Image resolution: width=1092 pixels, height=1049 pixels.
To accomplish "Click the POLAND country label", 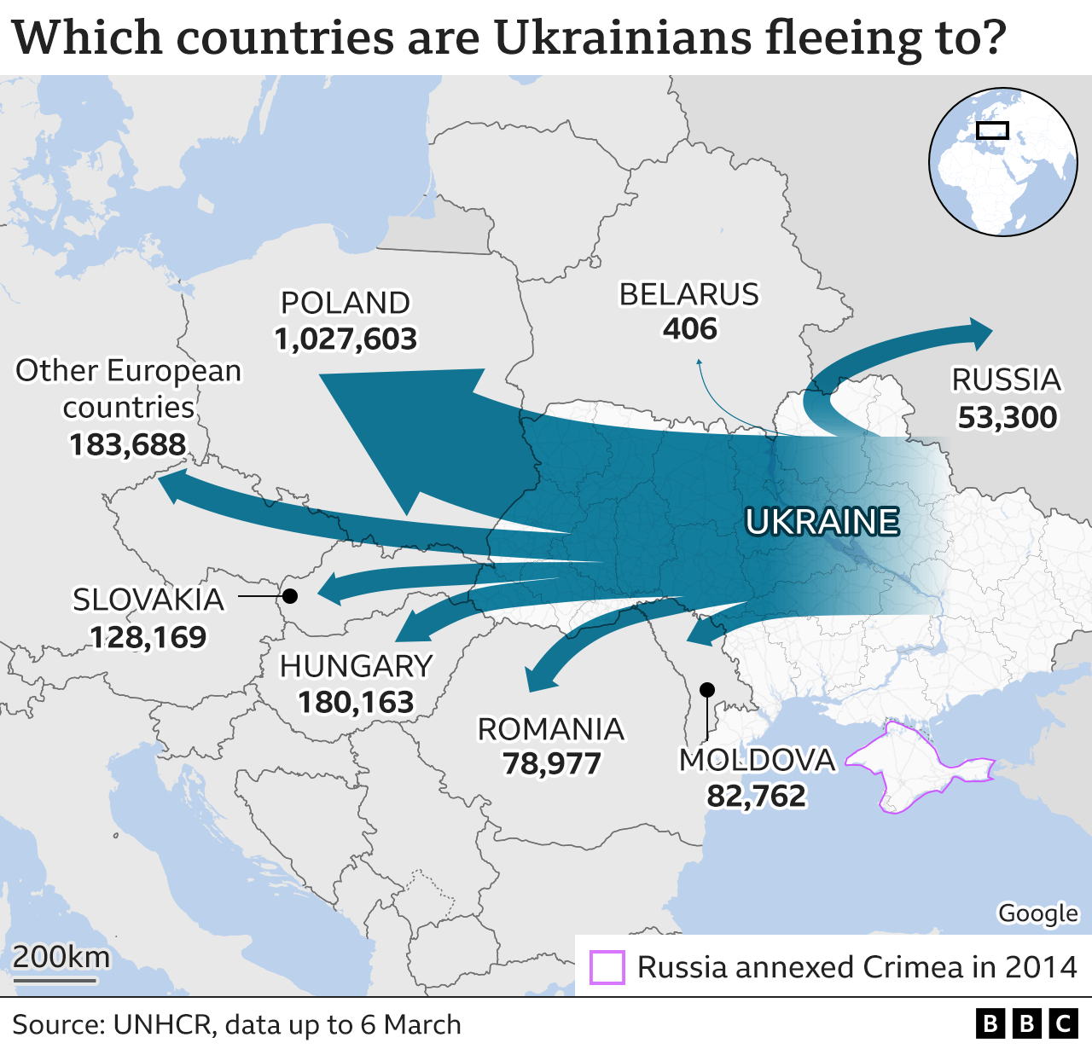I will point(346,303).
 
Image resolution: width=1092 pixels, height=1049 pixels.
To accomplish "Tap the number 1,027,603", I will point(346,339).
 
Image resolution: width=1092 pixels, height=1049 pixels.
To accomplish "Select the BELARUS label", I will point(688,294).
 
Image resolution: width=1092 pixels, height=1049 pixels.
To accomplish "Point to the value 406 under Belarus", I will point(689,329).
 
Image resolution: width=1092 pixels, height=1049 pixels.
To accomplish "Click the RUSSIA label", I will point(1007,380).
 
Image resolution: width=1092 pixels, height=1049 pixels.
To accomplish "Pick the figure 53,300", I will point(1007,417).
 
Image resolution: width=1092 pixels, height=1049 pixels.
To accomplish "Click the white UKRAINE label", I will point(822,522).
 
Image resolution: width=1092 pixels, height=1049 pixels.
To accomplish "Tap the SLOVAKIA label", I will point(148,600).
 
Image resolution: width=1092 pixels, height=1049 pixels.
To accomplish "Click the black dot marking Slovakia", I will point(290,595).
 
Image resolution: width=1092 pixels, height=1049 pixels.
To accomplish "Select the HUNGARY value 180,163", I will point(356,702).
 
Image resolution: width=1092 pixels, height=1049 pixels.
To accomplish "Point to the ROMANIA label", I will point(551,729).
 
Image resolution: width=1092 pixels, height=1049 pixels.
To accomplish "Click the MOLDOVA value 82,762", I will point(756,796).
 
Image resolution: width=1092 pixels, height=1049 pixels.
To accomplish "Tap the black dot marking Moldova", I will point(706,689).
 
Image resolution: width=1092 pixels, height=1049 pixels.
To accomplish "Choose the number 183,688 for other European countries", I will point(128,444).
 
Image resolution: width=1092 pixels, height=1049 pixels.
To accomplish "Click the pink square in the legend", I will point(607,967).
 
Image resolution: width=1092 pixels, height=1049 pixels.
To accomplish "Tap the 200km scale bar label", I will point(61,957).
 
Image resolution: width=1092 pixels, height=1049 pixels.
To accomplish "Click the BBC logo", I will point(1027,1023).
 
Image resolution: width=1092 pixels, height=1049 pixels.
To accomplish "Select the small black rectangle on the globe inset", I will point(992,130).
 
